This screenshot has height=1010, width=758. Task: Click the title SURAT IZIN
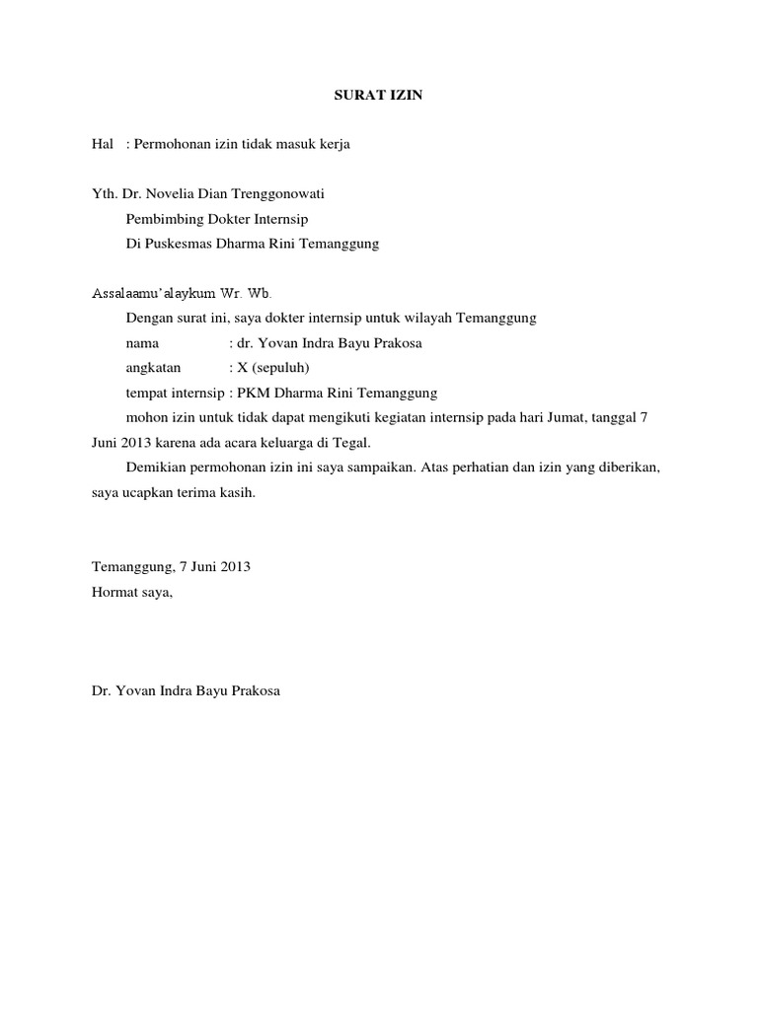tap(378, 96)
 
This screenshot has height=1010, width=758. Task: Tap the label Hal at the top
tap(103, 145)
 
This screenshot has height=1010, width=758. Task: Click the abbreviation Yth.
tap(104, 194)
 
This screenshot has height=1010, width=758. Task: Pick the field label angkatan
tap(153, 367)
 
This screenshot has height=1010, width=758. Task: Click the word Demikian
tap(156, 467)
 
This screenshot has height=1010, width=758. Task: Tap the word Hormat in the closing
tap(113, 592)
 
